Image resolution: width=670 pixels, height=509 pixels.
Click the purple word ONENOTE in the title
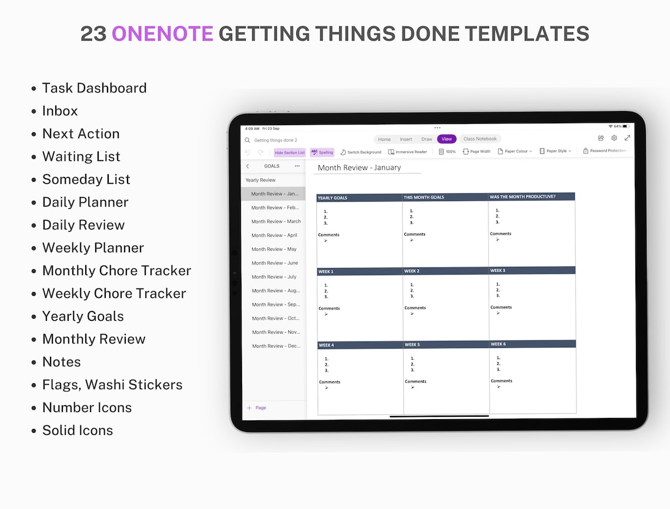pyautogui.click(x=162, y=34)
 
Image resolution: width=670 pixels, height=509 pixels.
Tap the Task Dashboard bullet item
pyautogui.click(x=94, y=88)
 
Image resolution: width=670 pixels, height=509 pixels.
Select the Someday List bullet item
pyautogui.click(x=86, y=179)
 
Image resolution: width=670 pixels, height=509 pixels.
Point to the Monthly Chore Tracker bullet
pyautogui.click(x=116, y=271)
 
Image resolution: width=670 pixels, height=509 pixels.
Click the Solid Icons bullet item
pyautogui.click(x=77, y=430)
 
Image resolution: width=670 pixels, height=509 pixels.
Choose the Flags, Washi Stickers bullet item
pyautogui.click(x=112, y=385)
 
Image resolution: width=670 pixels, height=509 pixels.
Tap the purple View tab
pyautogui.click(x=447, y=139)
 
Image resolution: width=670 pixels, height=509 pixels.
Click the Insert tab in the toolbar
pyautogui.click(x=406, y=139)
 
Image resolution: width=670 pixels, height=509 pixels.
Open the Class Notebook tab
pyautogui.click(x=480, y=139)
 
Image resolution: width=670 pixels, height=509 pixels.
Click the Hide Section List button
pyautogui.click(x=290, y=152)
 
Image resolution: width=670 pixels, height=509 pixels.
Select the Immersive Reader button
pyautogui.click(x=408, y=152)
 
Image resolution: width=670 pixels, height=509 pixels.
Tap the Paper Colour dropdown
pyautogui.click(x=515, y=152)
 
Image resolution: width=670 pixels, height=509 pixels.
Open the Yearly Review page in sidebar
pyautogui.click(x=260, y=180)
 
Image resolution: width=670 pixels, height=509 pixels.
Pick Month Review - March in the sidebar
pyautogui.click(x=276, y=222)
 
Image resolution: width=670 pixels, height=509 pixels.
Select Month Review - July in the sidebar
pyautogui.click(x=274, y=277)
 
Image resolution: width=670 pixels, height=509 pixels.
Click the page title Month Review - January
pyautogui.click(x=359, y=168)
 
